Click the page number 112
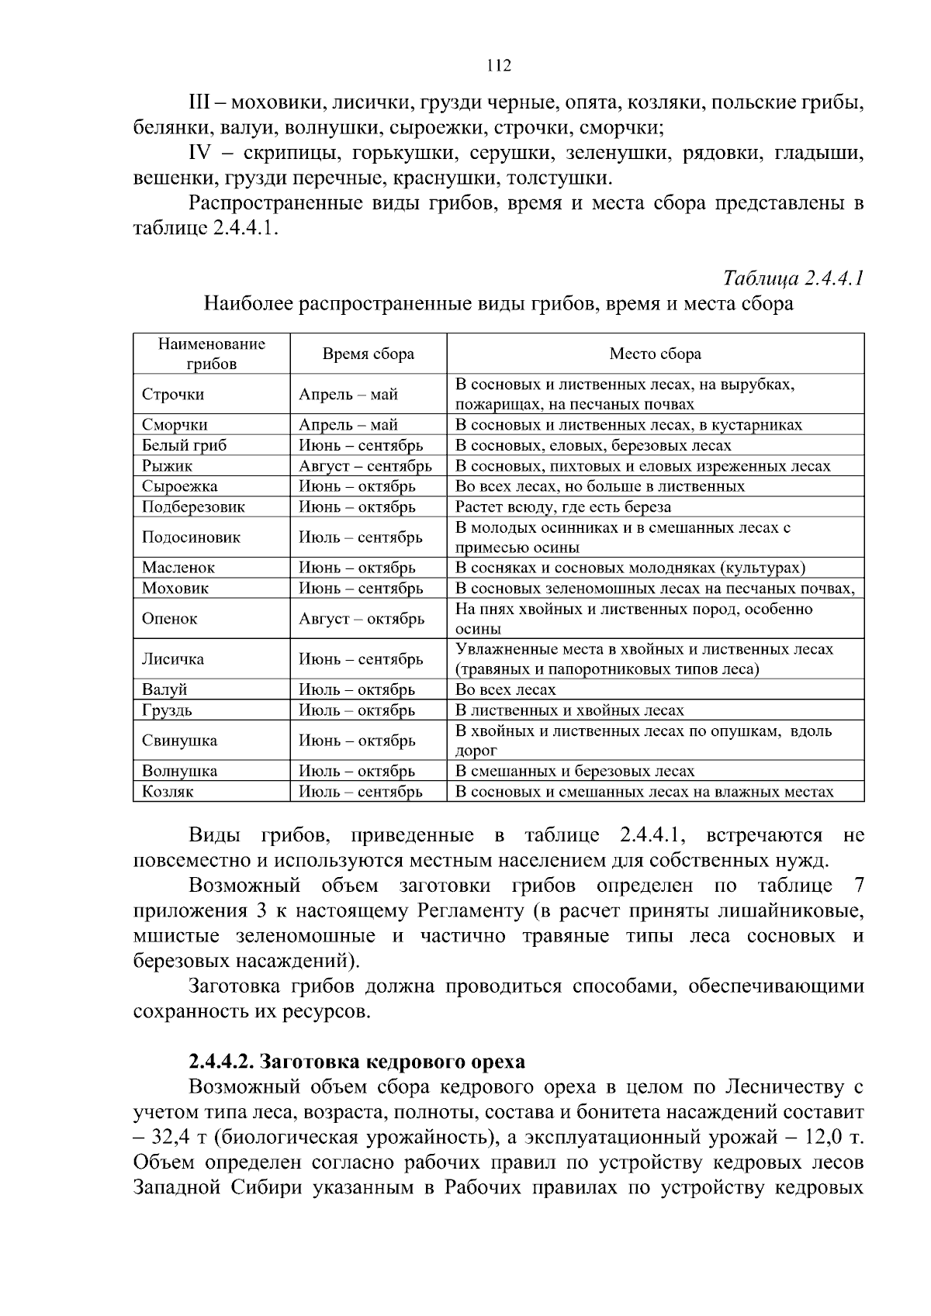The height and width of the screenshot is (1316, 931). [499, 66]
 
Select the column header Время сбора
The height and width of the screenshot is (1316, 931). [368, 354]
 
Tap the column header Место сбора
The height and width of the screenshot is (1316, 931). [655, 354]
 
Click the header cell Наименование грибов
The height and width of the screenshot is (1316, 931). [212, 354]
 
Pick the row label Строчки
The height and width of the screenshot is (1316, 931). [173, 395]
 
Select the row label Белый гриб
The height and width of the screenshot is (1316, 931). [184, 446]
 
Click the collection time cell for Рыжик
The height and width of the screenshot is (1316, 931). [365, 466]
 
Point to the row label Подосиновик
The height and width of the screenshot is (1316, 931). [191, 537]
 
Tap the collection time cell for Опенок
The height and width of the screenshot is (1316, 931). [362, 619]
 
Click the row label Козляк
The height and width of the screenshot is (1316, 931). [168, 792]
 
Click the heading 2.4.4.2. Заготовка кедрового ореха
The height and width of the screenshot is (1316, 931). [357, 1061]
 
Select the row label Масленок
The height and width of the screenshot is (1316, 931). [178, 568]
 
